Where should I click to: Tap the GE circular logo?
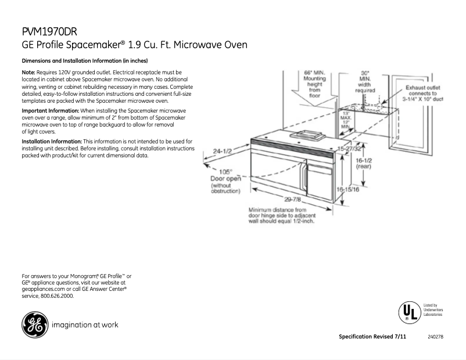(x=34, y=325)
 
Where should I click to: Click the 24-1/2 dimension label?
(x=222, y=151)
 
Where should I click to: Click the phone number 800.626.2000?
(x=58, y=296)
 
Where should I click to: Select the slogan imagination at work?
(x=85, y=325)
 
